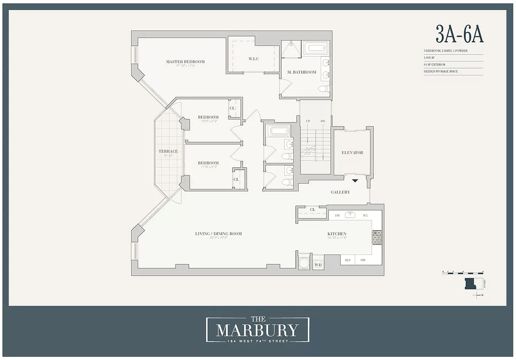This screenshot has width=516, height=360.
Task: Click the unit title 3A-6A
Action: coord(459,34)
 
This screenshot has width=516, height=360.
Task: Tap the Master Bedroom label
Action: coord(185,62)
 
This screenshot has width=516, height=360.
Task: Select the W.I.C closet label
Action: coord(254,59)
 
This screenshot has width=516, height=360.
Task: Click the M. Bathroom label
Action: coord(302,72)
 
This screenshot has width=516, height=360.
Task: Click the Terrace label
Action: coord(168,152)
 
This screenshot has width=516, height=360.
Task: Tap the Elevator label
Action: coord(352,153)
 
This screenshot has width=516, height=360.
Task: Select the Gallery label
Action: coord(340,192)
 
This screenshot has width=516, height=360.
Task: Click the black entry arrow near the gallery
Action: coord(355,180)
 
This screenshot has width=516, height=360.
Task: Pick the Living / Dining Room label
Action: coord(218,233)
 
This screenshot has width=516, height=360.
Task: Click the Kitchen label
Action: coord(336,234)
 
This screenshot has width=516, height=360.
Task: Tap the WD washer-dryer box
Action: coord(318,265)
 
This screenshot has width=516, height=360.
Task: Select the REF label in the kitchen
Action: coord(348,260)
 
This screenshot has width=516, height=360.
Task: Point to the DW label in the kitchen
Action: coord(337,215)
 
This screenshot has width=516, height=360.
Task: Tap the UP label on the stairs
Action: coord(308,121)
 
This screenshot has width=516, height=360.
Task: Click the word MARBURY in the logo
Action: coord(257,330)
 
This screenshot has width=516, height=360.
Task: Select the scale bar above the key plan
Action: coord(463,272)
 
